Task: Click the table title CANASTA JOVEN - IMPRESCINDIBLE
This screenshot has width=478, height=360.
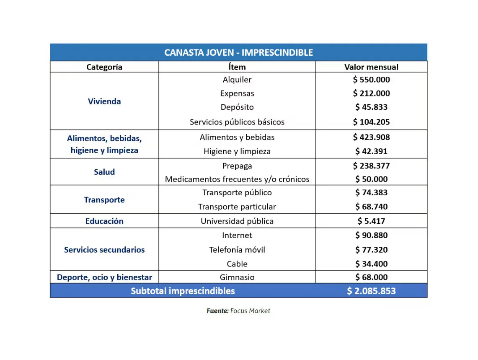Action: (x=238, y=52)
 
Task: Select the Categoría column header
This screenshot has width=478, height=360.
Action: (x=104, y=67)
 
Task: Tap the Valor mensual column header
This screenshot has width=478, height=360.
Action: (x=371, y=67)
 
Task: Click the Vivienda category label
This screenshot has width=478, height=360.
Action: (x=104, y=101)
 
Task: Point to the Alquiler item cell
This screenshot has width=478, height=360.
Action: (x=237, y=80)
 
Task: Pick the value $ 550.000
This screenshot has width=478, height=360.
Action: (x=371, y=80)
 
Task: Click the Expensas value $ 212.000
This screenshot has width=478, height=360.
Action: (x=371, y=93)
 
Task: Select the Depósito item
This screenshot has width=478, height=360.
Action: (x=237, y=107)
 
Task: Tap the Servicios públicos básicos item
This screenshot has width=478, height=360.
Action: (x=237, y=122)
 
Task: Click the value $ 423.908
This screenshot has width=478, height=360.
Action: (x=371, y=137)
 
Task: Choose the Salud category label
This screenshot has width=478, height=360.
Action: (x=104, y=172)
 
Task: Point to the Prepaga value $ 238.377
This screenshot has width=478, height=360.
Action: (x=371, y=166)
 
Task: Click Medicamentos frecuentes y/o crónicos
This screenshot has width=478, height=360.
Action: (x=237, y=179)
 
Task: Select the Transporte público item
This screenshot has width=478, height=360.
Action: (x=237, y=193)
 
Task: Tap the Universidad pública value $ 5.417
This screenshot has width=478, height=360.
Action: (x=371, y=221)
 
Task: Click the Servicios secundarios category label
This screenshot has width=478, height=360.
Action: (x=104, y=250)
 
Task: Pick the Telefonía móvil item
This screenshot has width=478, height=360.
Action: (x=237, y=250)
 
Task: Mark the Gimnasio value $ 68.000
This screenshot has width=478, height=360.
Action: (x=371, y=277)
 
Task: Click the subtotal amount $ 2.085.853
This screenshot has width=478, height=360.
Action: (x=371, y=291)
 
